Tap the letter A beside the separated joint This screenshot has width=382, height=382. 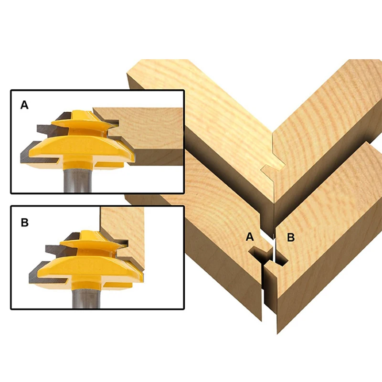[249, 236]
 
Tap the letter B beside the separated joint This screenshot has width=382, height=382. [290, 236]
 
